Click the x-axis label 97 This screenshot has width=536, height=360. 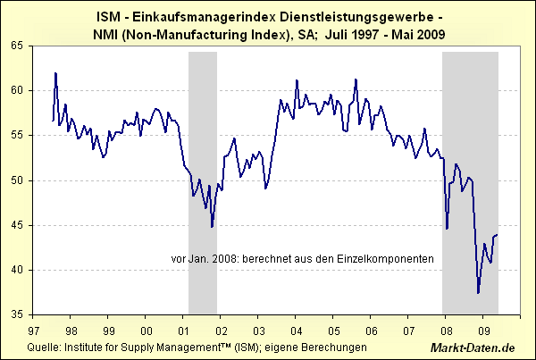[x=33, y=328]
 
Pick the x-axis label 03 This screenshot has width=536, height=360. [x=257, y=328]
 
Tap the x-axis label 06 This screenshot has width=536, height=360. [x=370, y=328]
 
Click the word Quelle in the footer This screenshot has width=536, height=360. [x=44, y=346]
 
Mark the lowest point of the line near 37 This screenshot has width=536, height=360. [x=478, y=292]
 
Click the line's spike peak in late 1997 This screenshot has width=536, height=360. [x=55, y=73]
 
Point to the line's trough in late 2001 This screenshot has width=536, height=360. [x=213, y=227]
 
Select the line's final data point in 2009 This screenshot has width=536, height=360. [x=497, y=235]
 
